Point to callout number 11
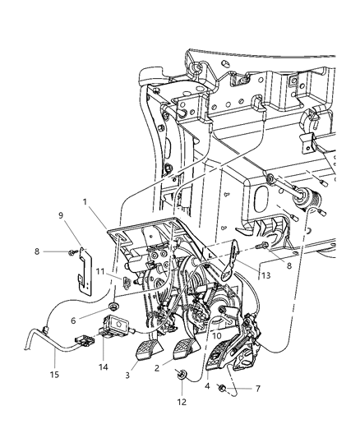(x=99, y=271)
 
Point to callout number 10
(x=216, y=335)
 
